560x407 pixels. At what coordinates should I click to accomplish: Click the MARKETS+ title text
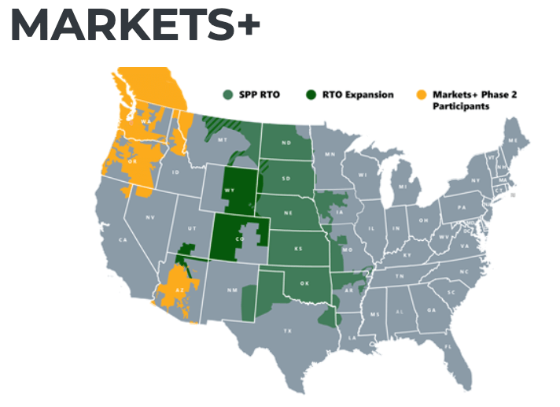[x=134, y=27]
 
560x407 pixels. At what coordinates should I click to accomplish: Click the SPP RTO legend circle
[x=227, y=95]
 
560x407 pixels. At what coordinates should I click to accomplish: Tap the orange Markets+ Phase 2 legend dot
[x=420, y=95]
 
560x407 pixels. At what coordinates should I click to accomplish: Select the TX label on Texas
[x=288, y=331]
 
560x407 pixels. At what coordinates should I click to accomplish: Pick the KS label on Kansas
[x=299, y=248]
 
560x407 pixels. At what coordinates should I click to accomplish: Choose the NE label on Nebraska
[x=289, y=213]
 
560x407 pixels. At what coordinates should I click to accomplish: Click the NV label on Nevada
[x=150, y=216]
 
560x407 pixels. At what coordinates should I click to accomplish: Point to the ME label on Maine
[x=513, y=140]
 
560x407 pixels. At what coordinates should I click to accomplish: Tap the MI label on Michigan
[x=403, y=187]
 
